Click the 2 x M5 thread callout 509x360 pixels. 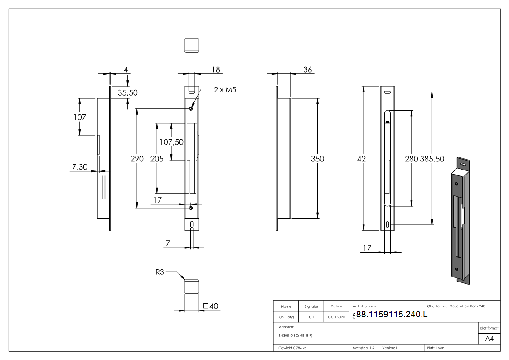[x=225, y=89]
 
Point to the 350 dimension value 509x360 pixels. [x=317, y=159]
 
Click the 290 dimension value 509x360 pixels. [x=137, y=159]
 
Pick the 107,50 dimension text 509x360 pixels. [x=171, y=142]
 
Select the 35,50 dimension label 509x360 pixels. [x=127, y=92]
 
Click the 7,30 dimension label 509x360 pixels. [x=79, y=167]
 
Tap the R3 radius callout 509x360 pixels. [x=159, y=272]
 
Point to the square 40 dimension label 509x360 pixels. [x=211, y=306]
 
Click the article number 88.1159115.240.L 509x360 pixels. [x=391, y=315]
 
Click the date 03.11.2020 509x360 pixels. [x=336, y=317]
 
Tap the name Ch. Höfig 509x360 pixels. [x=286, y=317]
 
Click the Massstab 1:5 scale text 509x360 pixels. [x=364, y=348]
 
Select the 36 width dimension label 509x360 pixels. [x=307, y=69]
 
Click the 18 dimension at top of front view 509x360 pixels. [x=216, y=69]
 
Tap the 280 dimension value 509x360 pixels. [x=411, y=159]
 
